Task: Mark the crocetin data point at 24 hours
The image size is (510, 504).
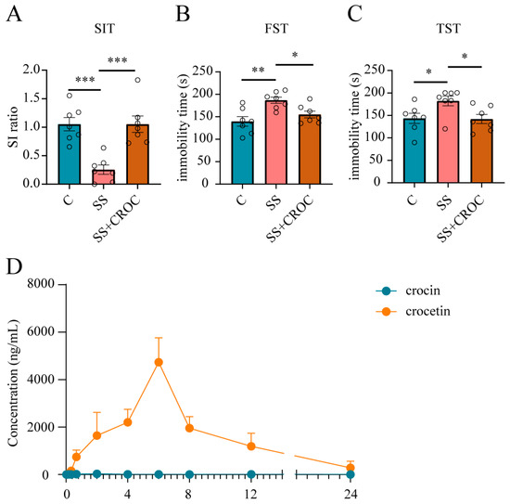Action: (350, 467)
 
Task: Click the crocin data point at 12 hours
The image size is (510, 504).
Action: (251, 474)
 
